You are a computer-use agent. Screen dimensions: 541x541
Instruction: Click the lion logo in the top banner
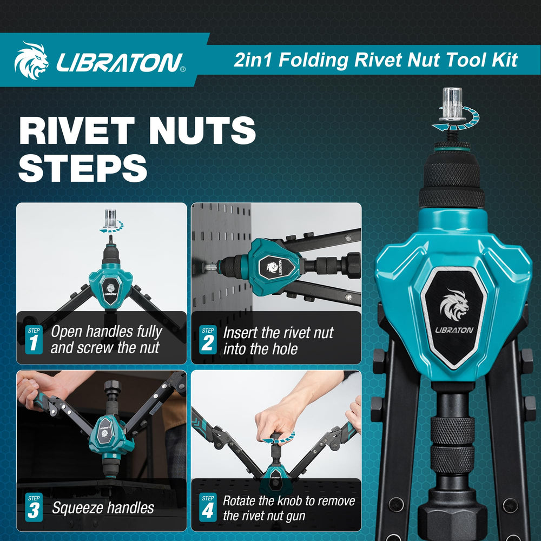(x=31, y=61)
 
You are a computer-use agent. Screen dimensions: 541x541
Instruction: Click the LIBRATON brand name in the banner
(x=120, y=62)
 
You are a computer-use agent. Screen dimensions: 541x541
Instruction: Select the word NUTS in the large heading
(x=202, y=130)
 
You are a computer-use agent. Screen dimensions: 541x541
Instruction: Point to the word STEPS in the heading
(x=83, y=168)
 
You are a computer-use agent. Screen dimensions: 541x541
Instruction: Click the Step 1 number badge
(x=34, y=340)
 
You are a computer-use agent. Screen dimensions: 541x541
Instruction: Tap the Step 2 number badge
(x=208, y=340)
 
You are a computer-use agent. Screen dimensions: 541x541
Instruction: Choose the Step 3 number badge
(x=34, y=507)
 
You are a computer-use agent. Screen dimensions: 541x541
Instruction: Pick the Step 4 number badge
(x=208, y=507)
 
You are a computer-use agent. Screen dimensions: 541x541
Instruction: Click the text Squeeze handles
(x=103, y=508)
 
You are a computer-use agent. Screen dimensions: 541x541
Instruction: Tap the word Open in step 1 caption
(x=66, y=332)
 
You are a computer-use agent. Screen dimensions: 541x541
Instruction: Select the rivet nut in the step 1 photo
(x=110, y=219)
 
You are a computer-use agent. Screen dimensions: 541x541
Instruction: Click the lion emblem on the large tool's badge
(x=454, y=304)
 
